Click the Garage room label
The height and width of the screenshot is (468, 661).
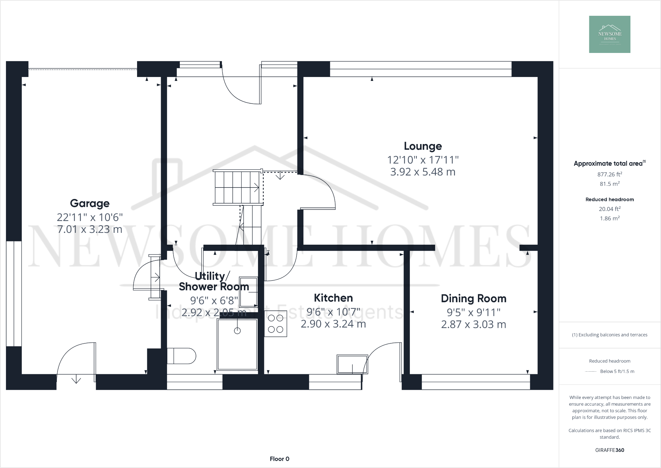[x=90, y=203]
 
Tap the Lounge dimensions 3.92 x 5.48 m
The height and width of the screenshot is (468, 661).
[x=423, y=172]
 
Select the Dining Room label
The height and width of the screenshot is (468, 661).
[x=473, y=299]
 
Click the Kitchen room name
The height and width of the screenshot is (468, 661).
[x=333, y=298]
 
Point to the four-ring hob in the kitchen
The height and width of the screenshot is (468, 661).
[x=275, y=324]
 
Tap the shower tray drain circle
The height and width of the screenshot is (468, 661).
[x=237, y=331]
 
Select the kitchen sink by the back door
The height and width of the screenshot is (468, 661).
[x=352, y=364]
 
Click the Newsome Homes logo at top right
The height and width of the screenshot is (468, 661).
[x=609, y=34]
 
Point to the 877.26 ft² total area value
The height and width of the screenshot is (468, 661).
[x=609, y=174]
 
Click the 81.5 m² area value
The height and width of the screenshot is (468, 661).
[x=609, y=184]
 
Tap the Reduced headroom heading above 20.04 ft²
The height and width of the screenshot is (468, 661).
[x=609, y=199]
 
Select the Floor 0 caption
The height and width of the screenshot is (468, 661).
[x=279, y=459]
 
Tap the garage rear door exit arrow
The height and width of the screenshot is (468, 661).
[x=76, y=380]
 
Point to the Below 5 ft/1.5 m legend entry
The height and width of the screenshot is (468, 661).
[x=617, y=371]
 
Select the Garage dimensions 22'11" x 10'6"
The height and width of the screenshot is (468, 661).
[x=90, y=217]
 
